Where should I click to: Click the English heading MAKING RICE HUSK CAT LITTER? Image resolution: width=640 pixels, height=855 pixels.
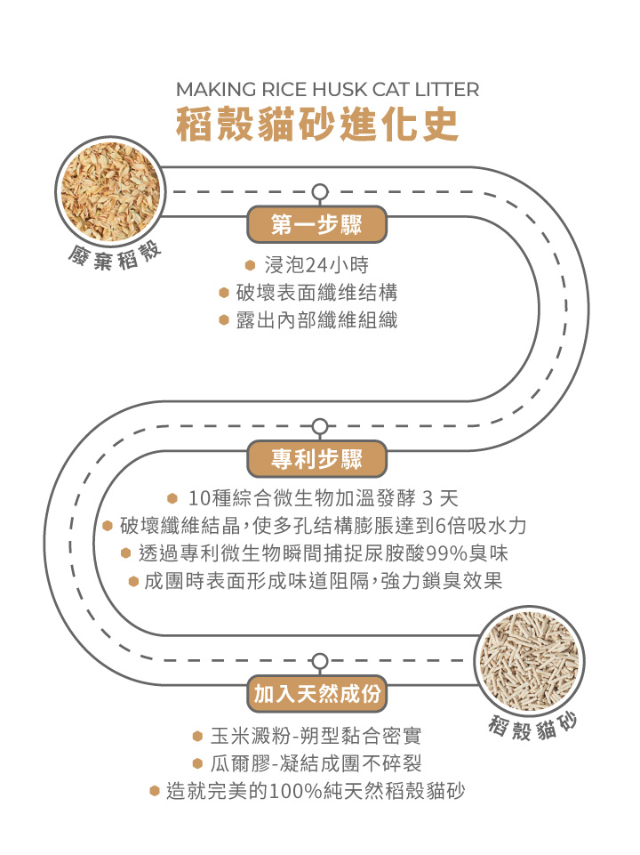[x=327, y=90]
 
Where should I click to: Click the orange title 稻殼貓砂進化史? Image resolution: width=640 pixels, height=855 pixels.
[x=317, y=125]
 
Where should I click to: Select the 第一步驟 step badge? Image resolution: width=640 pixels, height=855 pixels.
[x=317, y=225]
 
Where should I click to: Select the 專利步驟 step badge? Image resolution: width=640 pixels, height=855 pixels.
[x=317, y=459]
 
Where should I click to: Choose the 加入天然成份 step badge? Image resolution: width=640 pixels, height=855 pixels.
[x=317, y=694]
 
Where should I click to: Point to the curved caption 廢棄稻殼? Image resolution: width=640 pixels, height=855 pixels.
[x=116, y=256]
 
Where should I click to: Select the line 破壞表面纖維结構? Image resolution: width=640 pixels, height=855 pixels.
[x=316, y=293]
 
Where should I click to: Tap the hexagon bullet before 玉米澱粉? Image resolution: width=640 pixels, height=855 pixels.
[x=198, y=737]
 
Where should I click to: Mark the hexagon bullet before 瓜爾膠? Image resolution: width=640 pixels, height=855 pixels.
[x=198, y=763]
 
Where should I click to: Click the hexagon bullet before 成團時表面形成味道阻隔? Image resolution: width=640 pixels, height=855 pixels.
[x=133, y=581]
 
